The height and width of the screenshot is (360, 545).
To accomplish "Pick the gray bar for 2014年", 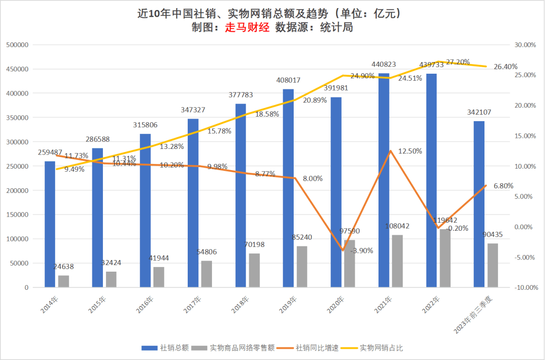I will pos(64,281).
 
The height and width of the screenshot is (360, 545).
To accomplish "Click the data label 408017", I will pos(289,80).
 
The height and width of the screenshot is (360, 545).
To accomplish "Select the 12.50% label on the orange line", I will pos(410,151).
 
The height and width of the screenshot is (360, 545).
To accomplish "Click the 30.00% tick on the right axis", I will pos(525,45).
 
